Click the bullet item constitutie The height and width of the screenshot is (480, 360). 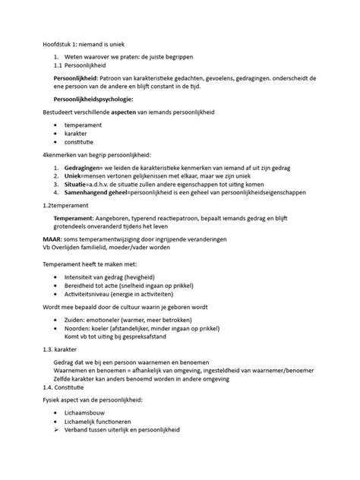click(80, 143)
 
